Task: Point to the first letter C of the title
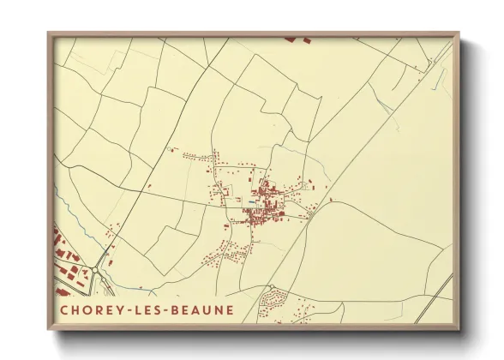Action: pos(64,309)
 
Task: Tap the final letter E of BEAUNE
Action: pos(229,309)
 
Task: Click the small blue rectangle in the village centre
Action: pos(250,203)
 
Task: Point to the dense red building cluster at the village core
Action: pos(261,206)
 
